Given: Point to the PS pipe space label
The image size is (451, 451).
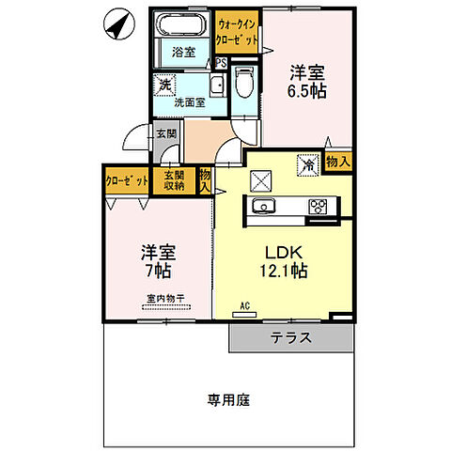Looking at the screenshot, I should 221,64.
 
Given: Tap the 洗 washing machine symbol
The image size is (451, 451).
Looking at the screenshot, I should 164,84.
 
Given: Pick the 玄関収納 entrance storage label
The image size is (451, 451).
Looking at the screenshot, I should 174,179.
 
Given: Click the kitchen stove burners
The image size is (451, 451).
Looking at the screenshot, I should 317,207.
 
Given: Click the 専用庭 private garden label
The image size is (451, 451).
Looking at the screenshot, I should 228,399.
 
